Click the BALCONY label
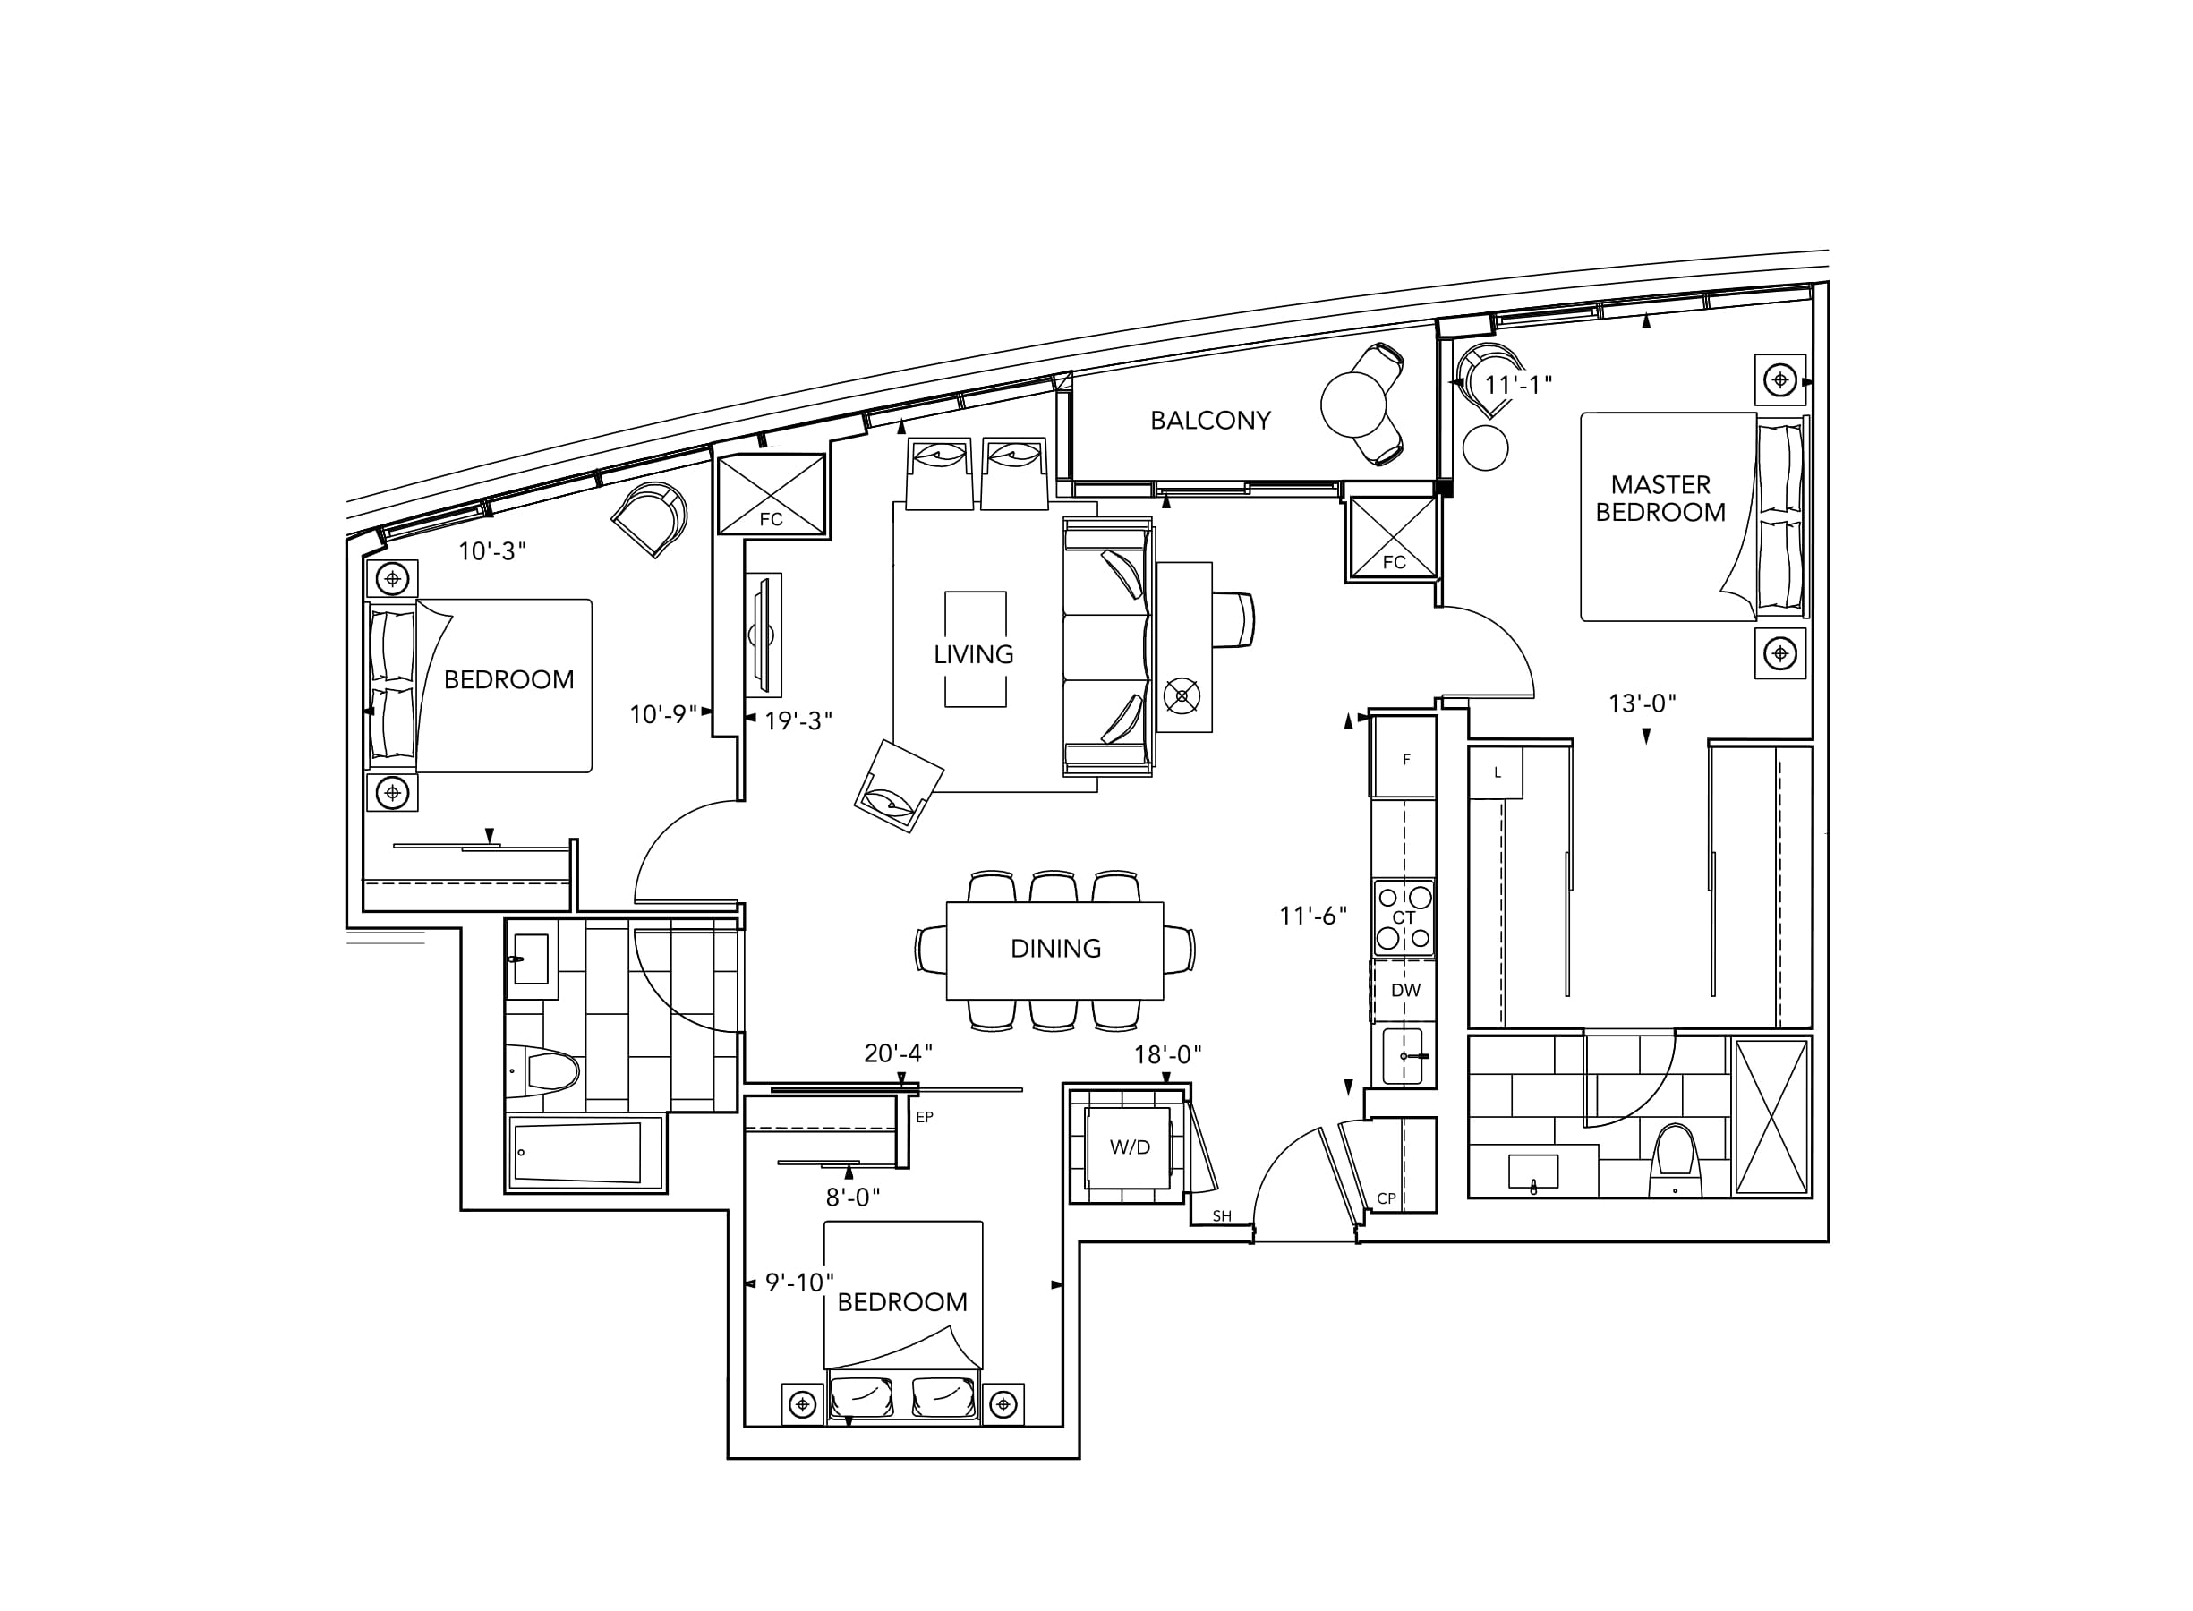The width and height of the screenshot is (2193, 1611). coord(1210,421)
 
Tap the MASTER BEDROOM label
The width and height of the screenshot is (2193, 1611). coord(1660,499)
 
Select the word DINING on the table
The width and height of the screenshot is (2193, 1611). coord(1056,948)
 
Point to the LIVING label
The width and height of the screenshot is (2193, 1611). coord(973,654)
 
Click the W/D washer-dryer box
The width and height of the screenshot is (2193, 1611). coord(1129,1147)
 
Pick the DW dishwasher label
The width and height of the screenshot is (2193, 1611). coord(1405,990)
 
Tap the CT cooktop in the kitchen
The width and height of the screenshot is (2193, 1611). coord(1404,917)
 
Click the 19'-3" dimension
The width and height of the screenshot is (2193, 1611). coord(798,720)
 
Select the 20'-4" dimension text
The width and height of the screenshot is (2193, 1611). coord(898,1053)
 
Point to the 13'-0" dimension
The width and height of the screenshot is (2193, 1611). coord(1643,703)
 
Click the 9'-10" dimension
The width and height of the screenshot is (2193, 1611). coord(799,1283)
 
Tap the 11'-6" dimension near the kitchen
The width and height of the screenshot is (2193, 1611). coord(1313,915)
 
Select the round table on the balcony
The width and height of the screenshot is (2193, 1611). coord(1353,404)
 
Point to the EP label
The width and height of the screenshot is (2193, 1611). coord(925,1117)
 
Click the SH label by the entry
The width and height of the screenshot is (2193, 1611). coord(1222,1216)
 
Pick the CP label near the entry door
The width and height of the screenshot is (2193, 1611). coord(1386,1198)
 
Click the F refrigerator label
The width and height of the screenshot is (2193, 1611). coord(1406,760)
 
